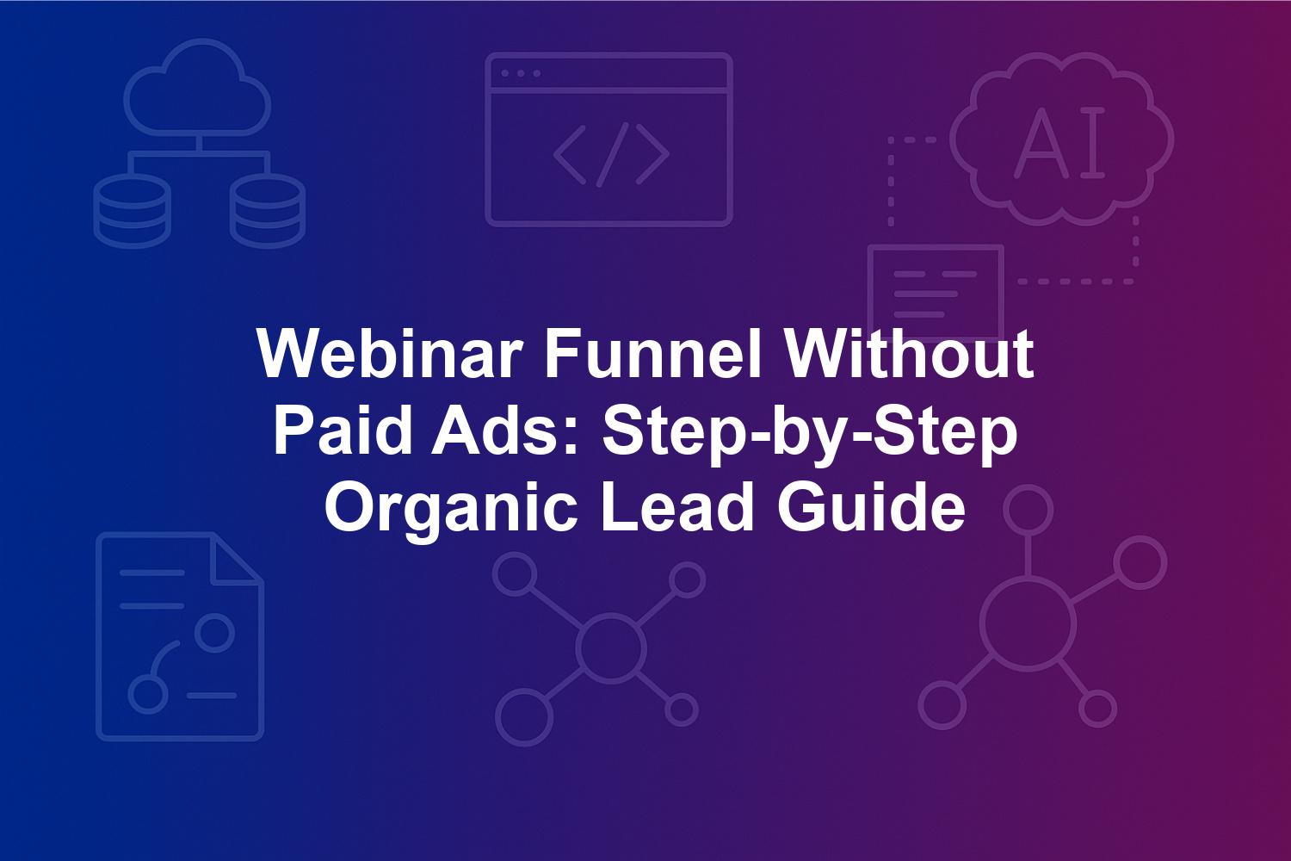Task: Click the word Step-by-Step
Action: (809, 437)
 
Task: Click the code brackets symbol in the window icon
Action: (611, 155)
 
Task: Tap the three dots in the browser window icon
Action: (521, 73)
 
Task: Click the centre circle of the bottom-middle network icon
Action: (578, 647)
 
